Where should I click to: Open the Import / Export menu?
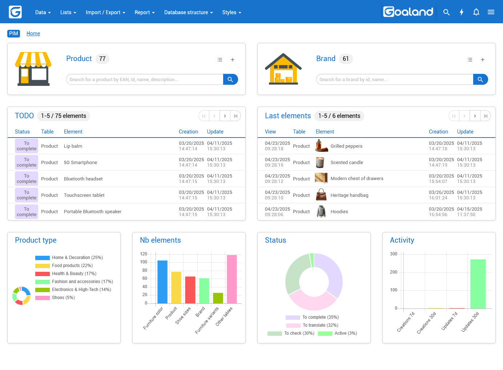(x=105, y=12)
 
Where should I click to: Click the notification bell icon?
(x=476, y=12)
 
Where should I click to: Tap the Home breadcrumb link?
(x=33, y=33)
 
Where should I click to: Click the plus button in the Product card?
(x=233, y=60)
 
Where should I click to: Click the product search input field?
(x=145, y=79)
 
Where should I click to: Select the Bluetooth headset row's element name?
(x=83, y=179)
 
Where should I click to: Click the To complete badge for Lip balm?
(x=27, y=146)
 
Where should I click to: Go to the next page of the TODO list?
(x=225, y=116)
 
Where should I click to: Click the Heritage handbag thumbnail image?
(x=321, y=195)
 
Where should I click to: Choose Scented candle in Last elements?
(x=347, y=163)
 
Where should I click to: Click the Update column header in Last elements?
(x=465, y=132)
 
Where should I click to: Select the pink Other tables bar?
(x=232, y=279)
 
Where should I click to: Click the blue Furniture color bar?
(x=162, y=282)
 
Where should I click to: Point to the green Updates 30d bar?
(x=478, y=284)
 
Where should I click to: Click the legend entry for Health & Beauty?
(x=74, y=274)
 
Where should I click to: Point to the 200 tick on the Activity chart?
(x=394, y=272)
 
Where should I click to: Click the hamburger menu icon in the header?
(x=491, y=12)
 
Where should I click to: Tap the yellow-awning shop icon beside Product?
(x=33, y=69)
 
